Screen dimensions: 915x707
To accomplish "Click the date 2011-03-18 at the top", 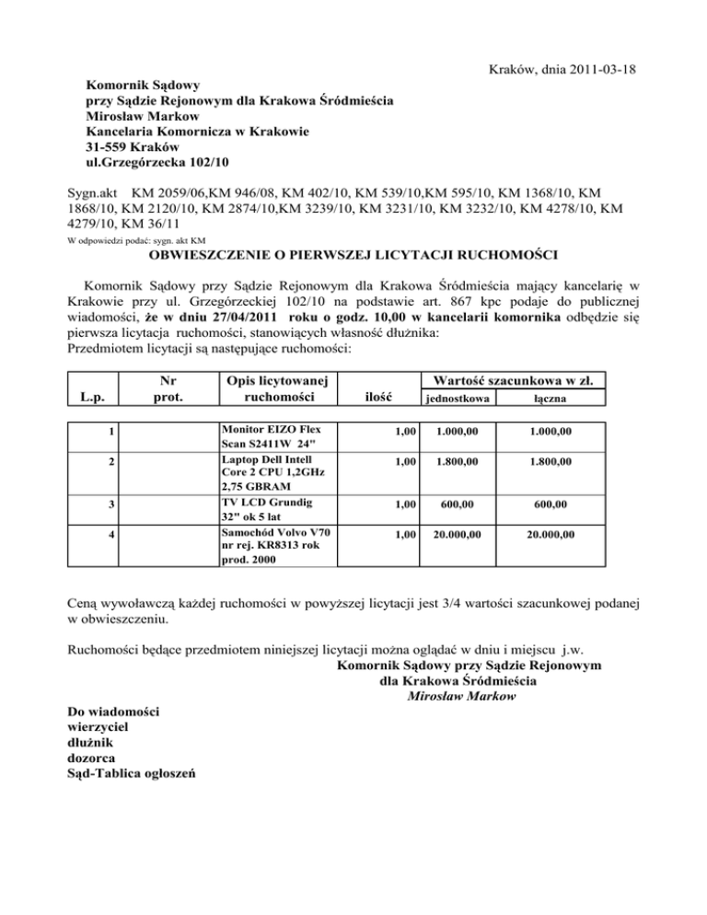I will [598, 70].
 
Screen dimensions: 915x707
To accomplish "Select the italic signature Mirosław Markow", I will [460, 697].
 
